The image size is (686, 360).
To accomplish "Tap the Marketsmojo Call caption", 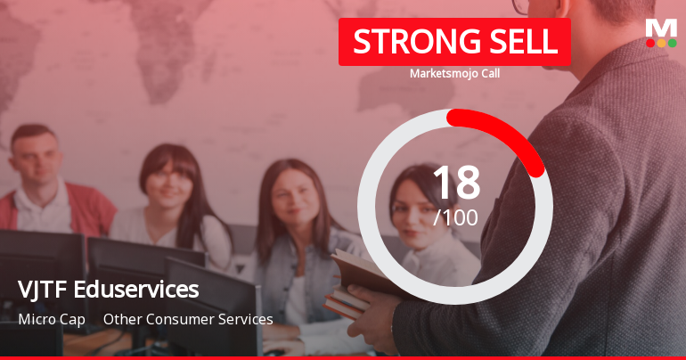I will [x=454, y=73].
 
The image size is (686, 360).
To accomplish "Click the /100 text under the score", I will [x=455, y=217].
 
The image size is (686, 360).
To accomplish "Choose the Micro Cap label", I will [x=52, y=319].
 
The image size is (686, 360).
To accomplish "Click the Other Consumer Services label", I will [x=188, y=319].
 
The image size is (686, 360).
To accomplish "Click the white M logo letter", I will [x=661, y=28].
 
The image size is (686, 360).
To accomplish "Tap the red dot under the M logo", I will [x=650, y=43].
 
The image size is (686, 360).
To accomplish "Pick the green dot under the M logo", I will [x=672, y=43].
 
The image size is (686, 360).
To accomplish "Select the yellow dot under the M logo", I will [x=661, y=43].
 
